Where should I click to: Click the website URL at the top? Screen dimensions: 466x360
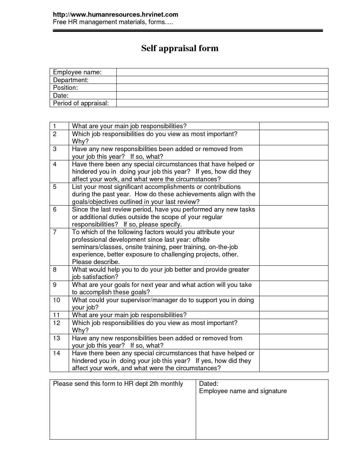point(115,14)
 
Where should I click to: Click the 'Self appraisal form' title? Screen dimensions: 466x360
point(180,48)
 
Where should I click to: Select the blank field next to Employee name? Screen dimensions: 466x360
point(222,72)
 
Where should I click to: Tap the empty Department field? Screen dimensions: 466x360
point(222,80)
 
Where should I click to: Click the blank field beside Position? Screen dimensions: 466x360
point(222,88)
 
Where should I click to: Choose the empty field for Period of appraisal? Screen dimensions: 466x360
point(222,103)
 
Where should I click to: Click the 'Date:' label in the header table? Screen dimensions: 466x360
point(61,95)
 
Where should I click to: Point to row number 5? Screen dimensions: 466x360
point(55,187)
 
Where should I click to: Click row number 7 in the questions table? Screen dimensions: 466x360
point(55,232)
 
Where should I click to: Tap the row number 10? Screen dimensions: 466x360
point(56,300)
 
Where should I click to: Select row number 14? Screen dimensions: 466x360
point(56,353)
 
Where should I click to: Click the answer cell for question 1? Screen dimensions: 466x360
point(294,126)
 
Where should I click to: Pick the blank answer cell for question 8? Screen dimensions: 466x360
point(294,273)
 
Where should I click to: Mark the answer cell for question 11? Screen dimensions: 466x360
point(294,315)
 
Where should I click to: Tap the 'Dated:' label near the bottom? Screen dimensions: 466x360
point(209,384)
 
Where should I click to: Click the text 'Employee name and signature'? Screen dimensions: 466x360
point(243,391)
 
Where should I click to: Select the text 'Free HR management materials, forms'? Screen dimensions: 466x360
point(112,22)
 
